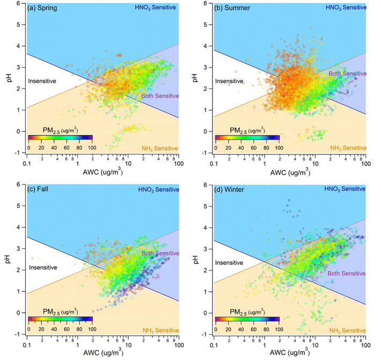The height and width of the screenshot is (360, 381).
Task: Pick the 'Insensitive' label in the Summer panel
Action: pyautogui.click(x=229, y=81)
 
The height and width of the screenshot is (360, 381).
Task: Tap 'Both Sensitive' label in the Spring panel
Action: pyautogui.click(x=158, y=96)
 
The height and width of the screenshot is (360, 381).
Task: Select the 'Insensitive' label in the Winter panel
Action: pyautogui.click(x=229, y=263)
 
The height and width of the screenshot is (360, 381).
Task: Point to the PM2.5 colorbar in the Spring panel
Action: pyautogui.click(x=61, y=138)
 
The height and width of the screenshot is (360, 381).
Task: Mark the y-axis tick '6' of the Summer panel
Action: pyautogui.click(x=208, y=3)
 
